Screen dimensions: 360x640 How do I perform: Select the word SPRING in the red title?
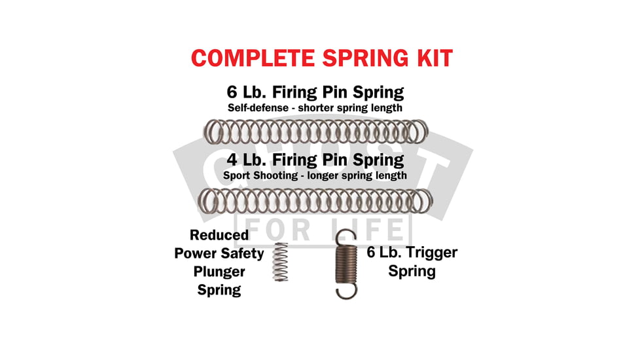(x=355, y=58)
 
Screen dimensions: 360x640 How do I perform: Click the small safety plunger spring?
(x=280, y=262)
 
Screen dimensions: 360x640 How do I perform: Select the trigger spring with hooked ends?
(x=346, y=264)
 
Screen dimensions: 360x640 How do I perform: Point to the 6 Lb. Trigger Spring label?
(x=412, y=261)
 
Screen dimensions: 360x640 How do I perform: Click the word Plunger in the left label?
(x=219, y=271)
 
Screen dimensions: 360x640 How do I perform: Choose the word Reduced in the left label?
(x=219, y=235)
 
